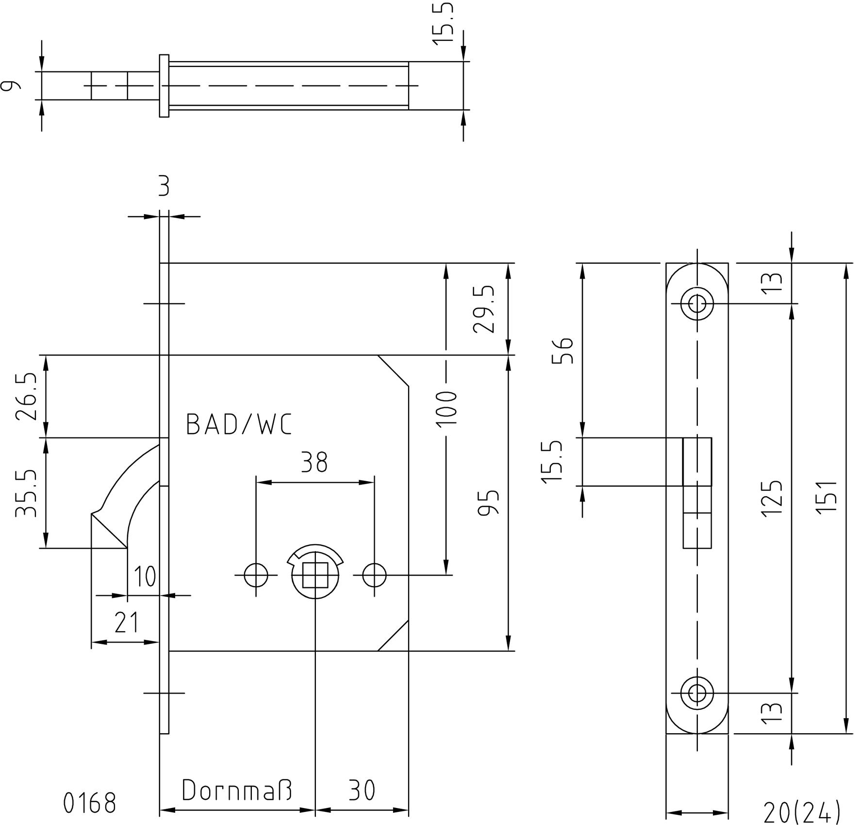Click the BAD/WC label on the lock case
(239, 424)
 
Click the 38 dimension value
(314, 462)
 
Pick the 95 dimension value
(489, 502)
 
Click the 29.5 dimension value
(484, 309)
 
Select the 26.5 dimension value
(26, 396)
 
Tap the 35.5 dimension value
(26, 493)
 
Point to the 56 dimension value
(563, 350)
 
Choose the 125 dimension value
(772, 498)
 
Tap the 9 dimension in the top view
(11, 85)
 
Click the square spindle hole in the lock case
(315, 575)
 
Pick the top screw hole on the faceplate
(697, 304)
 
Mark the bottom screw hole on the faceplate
(697, 693)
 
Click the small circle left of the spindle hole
(256, 575)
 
